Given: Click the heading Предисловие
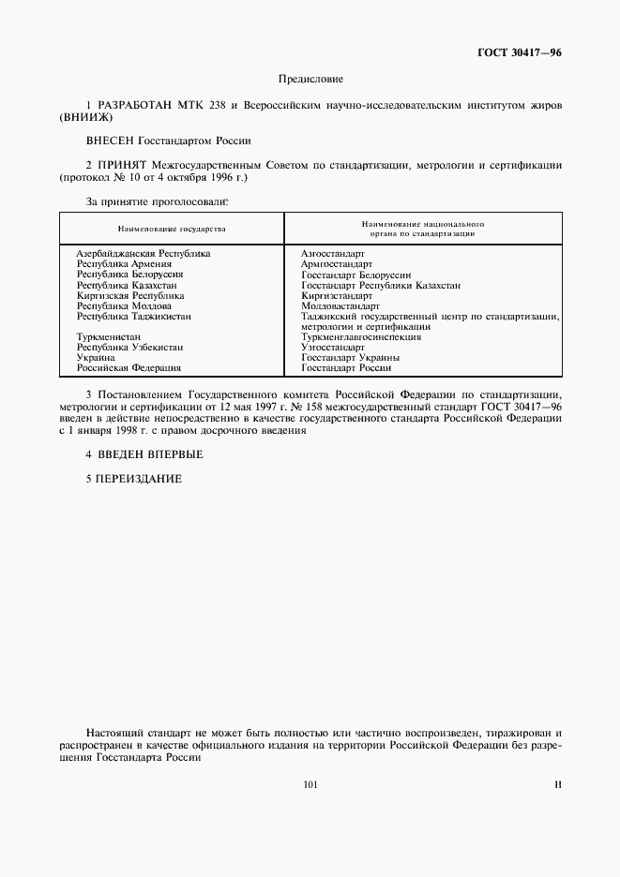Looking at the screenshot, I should [x=310, y=81].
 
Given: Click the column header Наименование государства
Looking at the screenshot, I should [x=172, y=228].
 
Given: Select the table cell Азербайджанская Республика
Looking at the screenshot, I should [x=143, y=253].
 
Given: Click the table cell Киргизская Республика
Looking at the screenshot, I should [x=130, y=295].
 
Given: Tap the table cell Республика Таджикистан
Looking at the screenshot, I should [x=133, y=316].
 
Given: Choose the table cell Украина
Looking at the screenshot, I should [x=96, y=357].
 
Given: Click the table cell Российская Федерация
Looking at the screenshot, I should [x=129, y=368].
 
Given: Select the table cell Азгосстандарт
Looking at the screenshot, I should [x=333, y=253].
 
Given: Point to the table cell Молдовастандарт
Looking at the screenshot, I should [x=340, y=305].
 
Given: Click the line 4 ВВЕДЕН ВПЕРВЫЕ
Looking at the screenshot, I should [x=144, y=454].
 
